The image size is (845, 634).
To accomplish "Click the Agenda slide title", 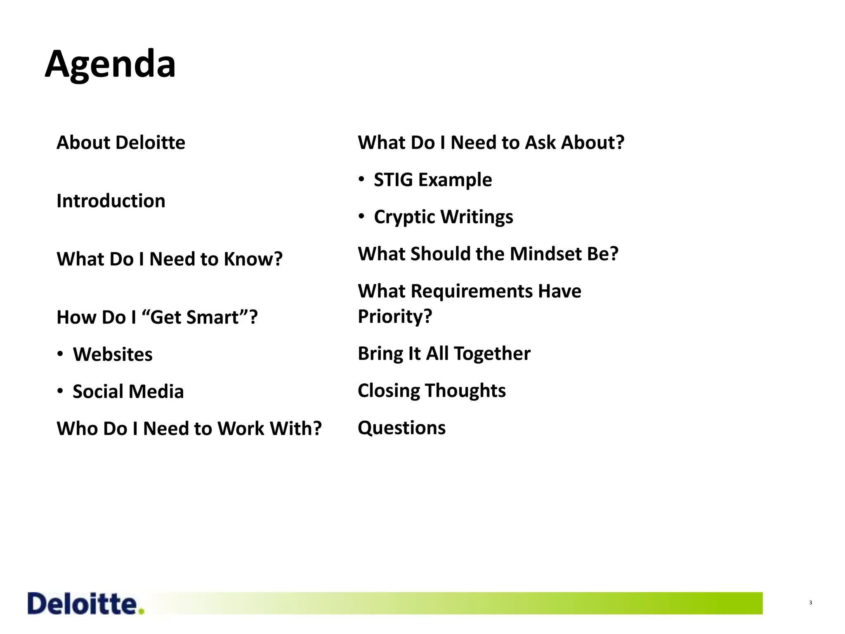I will pos(110,64).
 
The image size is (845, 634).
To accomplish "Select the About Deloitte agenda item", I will pos(121,143).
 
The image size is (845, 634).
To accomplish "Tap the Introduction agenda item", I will pos(111,201).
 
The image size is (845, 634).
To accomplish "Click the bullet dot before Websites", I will pos(60,354).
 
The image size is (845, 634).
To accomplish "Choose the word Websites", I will pos(113,355).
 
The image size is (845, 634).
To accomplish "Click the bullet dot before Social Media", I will pos(60,391).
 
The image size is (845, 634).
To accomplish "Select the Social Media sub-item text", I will pos(128,391).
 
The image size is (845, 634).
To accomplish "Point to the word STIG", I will pos(393,180).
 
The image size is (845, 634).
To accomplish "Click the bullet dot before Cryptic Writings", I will pos(361,216).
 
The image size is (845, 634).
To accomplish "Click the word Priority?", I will pos(395,317).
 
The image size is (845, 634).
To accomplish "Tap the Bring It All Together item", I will pos(444,354).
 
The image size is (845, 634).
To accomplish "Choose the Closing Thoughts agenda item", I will pos(432,390).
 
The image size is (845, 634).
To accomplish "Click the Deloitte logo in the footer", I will pos(86,604).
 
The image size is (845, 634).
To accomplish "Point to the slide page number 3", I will pos(810,603).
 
